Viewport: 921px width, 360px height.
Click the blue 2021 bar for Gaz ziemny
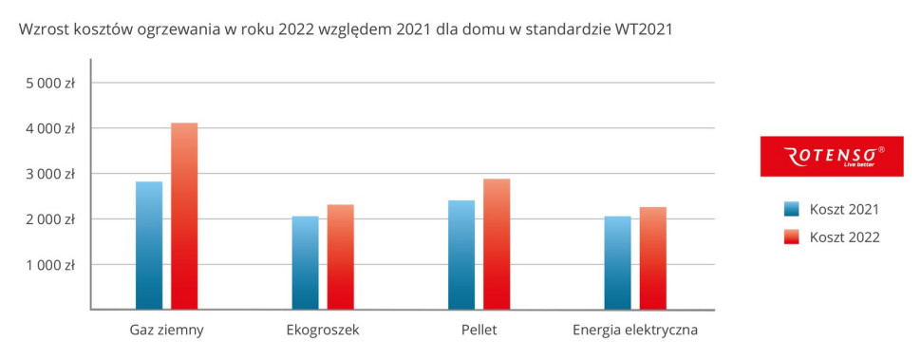149,245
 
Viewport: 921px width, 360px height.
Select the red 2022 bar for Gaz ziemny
184,216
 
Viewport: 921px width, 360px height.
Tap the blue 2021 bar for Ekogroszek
305,262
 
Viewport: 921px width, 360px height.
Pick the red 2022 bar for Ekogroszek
340,256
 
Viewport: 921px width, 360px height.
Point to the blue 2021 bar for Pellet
461,255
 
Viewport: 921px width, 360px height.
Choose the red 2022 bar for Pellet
497,243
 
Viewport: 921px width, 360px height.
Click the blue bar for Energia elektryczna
617,262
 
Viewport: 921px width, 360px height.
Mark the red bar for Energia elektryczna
652,257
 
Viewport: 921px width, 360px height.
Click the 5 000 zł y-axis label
50,83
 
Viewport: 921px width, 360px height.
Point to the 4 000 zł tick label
50,128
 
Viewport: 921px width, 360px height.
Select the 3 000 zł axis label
50,174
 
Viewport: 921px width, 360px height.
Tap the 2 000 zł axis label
50,219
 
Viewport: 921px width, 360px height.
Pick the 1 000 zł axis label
50,265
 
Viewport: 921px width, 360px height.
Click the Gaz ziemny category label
167,331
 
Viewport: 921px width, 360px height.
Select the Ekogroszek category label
322,331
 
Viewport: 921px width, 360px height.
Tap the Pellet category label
479,331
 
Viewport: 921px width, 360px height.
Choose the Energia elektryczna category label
635,331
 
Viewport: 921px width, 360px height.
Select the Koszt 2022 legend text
844,237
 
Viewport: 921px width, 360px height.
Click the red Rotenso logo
831,156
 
